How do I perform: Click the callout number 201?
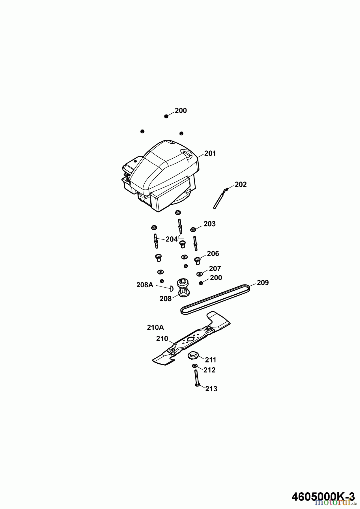210,153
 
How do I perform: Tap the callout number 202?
241,184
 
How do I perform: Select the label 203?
210,224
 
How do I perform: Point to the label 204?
172,239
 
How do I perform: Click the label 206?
213,254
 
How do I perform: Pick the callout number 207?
215,268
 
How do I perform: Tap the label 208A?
145,285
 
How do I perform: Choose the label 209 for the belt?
263,283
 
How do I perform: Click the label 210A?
155,327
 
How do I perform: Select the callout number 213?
211,389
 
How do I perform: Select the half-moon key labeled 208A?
171,289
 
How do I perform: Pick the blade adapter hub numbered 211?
194,355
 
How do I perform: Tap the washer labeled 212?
195,366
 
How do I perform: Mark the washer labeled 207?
200,274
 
